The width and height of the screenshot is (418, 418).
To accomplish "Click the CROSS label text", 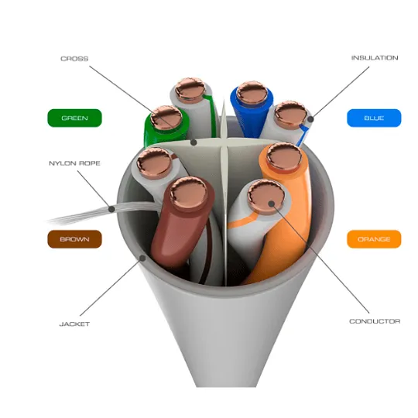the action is pyautogui.click(x=74, y=59).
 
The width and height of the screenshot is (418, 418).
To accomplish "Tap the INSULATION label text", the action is pyautogui.click(x=375, y=58).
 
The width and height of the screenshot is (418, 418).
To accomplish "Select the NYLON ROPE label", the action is pyautogui.click(x=74, y=163).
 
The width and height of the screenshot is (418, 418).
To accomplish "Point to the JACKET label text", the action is pyautogui.click(x=74, y=324).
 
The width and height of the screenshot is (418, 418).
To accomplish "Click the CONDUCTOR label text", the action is pyautogui.click(x=375, y=321).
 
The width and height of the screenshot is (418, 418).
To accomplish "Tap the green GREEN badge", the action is pyautogui.click(x=74, y=118).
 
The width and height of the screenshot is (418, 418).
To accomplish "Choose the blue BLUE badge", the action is pyautogui.click(x=374, y=118).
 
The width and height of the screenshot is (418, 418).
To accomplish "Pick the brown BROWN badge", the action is pyautogui.click(x=74, y=239).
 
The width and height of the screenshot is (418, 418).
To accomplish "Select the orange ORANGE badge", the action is pyautogui.click(x=374, y=239).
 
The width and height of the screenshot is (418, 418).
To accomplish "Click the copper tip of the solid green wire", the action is pyautogui.click(x=166, y=118).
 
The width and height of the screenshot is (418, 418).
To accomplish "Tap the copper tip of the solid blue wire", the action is pyautogui.click(x=252, y=93).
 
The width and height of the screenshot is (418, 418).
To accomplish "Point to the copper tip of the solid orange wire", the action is pyautogui.click(x=284, y=156).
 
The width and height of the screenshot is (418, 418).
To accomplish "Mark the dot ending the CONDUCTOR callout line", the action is pyautogui.click(x=272, y=204).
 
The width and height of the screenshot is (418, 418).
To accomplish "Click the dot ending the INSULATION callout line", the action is pyautogui.click(x=310, y=119).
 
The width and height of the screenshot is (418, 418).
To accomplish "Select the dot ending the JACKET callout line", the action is pyautogui.click(x=143, y=258).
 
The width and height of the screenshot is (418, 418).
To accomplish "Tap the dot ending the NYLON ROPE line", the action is pyautogui.click(x=112, y=209).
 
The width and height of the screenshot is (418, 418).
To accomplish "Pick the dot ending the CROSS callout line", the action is pyautogui.click(x=194, y=142).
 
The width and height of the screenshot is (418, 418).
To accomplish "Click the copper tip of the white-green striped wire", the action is pyautogui.click(x=190, y=90).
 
